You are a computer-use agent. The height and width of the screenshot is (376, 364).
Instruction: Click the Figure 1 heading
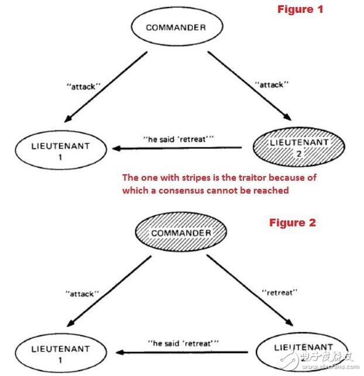(x=300, y=9)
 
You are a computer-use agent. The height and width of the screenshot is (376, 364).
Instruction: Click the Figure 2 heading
(x=292, y=223)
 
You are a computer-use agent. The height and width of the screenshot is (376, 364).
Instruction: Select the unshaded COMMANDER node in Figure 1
(x=177, y=26)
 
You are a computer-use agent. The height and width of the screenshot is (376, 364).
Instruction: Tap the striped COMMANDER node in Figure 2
(x=181, y=232)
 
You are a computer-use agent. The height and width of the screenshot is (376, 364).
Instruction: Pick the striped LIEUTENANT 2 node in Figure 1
(x=298, y=147)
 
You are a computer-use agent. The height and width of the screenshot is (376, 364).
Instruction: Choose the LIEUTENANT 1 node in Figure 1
(x=61, y=150)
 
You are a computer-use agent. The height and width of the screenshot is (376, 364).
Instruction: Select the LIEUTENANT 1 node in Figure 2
(x=61, y=353)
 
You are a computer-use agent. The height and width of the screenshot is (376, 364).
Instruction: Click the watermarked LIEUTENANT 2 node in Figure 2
(x=303, y=352)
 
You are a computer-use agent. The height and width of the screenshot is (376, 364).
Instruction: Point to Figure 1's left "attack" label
(x=83, y=87)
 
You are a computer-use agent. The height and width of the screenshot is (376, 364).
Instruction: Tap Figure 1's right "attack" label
(x=272, y=84)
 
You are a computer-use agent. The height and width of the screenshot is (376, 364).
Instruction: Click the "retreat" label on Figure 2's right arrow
(x=279, y=292)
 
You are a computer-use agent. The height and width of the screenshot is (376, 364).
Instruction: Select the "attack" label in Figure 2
(x=82, y=294)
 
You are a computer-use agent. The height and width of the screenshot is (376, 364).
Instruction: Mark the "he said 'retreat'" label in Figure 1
(x=178, y=139)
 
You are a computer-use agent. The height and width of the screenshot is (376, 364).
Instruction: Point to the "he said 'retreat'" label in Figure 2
(x=183, y=343)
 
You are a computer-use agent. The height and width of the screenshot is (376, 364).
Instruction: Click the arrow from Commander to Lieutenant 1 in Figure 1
(x=105, y=87)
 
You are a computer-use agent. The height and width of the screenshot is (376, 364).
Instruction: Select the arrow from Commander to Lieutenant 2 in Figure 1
(x=249, y=86)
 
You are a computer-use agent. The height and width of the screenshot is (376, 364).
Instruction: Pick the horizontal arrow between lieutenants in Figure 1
(x=177, y=148)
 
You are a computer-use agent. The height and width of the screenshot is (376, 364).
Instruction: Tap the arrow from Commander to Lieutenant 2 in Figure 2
(x=250, y=291)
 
